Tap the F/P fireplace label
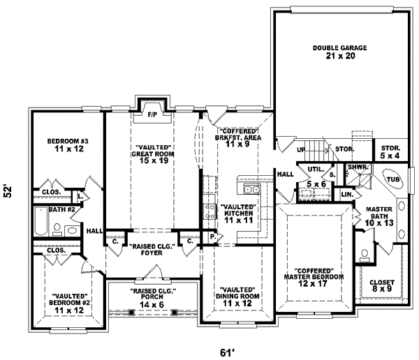pos(152,114)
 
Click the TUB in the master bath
pos(393,179)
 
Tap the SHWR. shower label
pos(358,167)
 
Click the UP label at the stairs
pos(302,150)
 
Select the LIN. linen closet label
pos(346,194)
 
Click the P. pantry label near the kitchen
pos(211,237)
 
